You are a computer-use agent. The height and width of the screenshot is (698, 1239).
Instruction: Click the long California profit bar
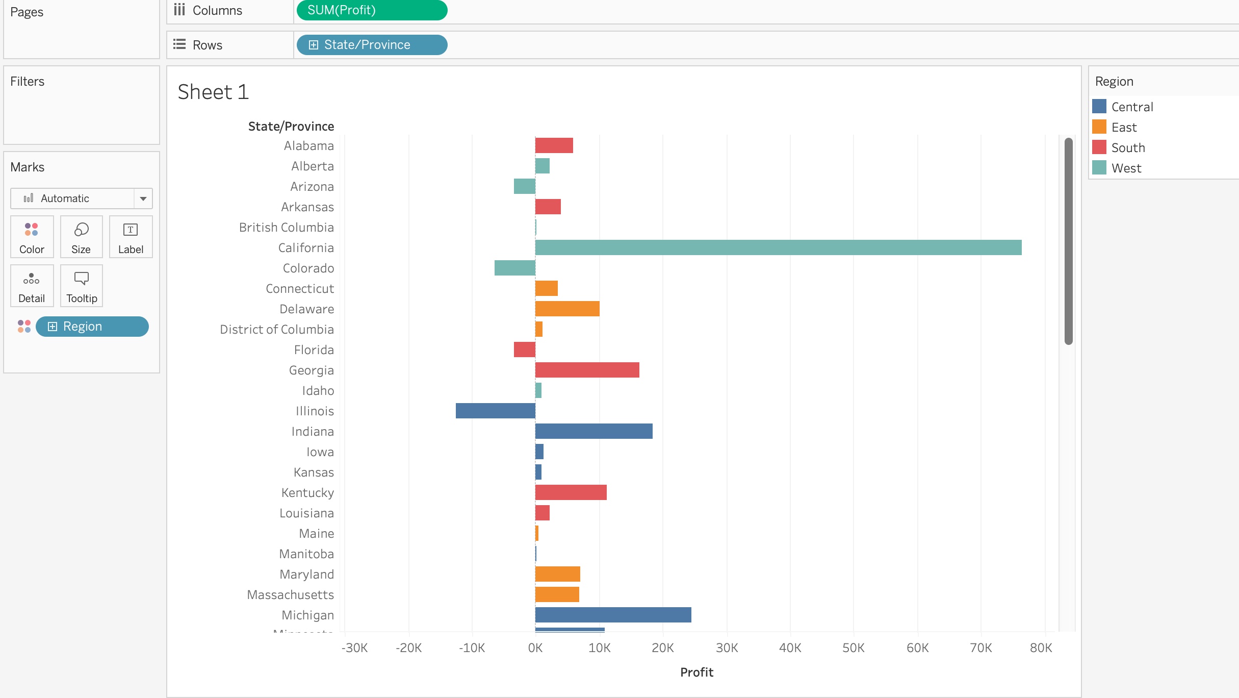coord(778,247)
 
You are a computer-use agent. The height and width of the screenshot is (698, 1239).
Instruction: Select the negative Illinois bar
coord(495,411)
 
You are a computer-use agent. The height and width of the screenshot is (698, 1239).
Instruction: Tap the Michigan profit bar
coord(613,615)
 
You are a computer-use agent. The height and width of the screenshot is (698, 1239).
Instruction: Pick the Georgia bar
coord(587,370)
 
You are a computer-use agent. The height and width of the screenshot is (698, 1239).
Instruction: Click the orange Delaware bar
coord(567,309)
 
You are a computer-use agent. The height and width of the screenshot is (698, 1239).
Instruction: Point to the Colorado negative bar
coord(514,268)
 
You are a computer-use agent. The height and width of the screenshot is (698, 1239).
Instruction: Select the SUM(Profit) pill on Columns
coord(372,10)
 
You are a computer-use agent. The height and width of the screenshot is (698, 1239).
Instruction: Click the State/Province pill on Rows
coord(372,45)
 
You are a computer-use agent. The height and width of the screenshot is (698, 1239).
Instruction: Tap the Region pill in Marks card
coord(92,327)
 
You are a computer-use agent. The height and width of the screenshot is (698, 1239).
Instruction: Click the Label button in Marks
coord(131,237)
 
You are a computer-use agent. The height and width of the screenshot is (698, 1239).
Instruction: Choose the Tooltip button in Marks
coord(82,286)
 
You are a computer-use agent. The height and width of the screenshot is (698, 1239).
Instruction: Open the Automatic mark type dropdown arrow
coord(143,198)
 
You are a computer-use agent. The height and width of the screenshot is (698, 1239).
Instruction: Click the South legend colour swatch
coord(1099,147)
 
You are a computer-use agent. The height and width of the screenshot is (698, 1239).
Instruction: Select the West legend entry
coord(1126,168)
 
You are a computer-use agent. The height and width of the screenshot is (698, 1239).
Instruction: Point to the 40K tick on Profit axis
coord(790,648)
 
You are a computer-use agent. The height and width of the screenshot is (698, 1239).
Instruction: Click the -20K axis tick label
coord(408,648)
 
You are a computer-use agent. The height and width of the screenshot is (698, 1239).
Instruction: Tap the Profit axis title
coord(696,672)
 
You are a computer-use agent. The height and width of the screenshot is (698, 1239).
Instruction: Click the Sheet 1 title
coord(213,92)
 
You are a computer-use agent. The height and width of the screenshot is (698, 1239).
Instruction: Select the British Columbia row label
coord(286,227)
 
